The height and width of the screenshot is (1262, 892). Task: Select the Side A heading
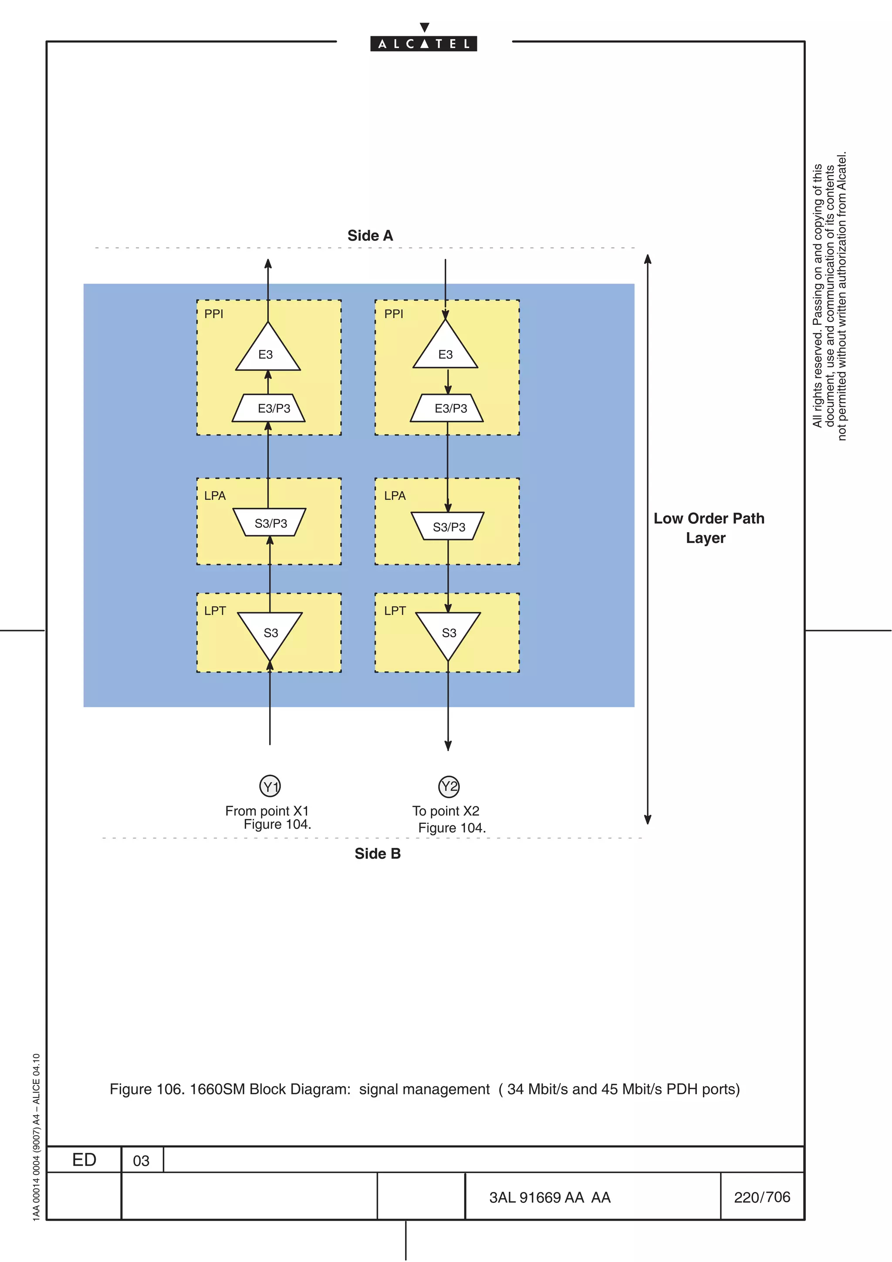click(370, 236)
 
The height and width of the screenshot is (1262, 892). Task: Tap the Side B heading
click(377, 854)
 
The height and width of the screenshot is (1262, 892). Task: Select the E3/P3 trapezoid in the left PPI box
click(269, 408)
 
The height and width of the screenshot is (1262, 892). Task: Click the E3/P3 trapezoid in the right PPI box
click(447, 408)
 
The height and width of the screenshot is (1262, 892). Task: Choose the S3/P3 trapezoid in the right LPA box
click(448, 526)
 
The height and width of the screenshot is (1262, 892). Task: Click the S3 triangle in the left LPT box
click(270, 632)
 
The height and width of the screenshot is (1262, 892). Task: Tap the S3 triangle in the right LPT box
click(448, 632)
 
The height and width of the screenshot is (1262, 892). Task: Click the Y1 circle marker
click(270, 786)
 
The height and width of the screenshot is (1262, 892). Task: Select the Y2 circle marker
click(449, 786)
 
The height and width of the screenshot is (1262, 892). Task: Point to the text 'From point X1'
click(267, 811)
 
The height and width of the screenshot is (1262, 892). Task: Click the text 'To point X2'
click(446, 811)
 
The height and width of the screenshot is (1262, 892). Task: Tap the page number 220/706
click(762, 1197)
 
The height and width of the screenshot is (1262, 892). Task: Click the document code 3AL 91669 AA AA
click(550, 1198)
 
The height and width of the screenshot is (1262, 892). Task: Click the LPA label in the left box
click(215, 496)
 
